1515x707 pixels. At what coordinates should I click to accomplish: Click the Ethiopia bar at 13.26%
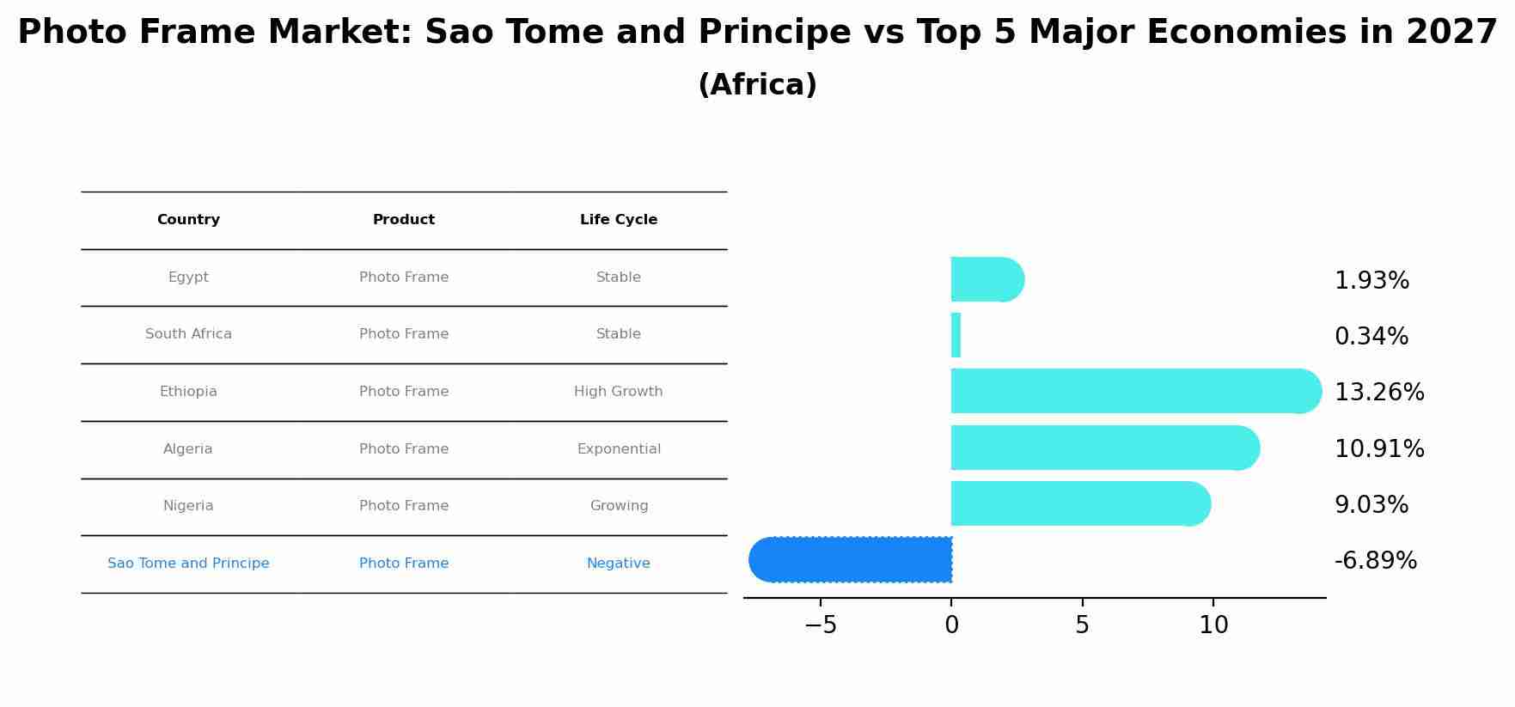[x=1134, y=391]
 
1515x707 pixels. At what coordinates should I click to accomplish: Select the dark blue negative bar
[x=851, y=560]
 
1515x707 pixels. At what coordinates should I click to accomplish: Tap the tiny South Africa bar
[x=956, y=335]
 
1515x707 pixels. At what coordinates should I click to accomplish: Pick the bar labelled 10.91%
[x=1104, y=448]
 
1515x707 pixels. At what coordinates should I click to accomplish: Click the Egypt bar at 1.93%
[x=987, y=279]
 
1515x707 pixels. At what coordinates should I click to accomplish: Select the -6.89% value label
[x=1375, y=561]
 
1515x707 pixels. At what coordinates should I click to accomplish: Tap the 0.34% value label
[x=1371, y=337]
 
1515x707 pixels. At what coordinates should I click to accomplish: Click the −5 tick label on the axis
[x=820, y=625]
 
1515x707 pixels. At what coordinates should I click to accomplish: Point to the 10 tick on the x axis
[x=1213, y=625]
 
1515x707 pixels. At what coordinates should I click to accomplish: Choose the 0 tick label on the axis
[x=951, y=625]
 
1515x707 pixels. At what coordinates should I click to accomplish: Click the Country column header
[x=188, y=220]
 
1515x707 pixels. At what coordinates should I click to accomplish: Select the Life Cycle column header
[x=619, y=220]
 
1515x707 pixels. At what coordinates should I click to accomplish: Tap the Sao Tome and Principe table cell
[x=188, y=564]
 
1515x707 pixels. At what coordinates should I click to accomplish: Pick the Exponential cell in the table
[x=619, y=449]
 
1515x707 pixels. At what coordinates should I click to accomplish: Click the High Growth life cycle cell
[x=619, y=392]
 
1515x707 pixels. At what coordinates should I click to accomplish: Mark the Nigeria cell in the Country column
[x=188, y=506]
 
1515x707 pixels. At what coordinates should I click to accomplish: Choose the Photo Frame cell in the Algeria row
[x=404, y=449]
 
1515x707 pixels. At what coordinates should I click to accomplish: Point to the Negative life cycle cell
[x=619, y=564]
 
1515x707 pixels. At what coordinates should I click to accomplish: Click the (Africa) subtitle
[x=757, y=85]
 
